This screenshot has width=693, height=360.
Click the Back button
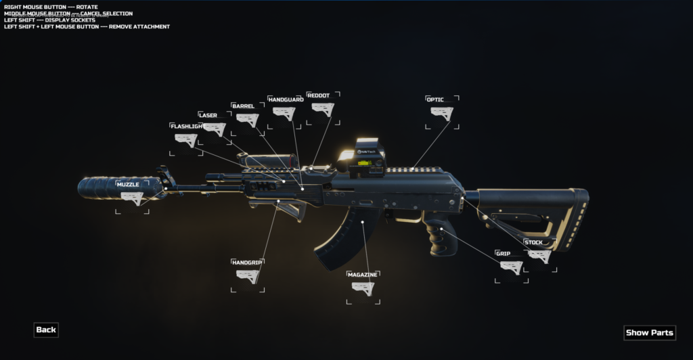[46, 330]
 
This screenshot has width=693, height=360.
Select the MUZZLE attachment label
[128, 184]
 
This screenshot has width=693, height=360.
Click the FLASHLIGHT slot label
[187, 126]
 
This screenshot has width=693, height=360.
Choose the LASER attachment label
[208, 115]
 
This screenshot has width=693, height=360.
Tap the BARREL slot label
[243, 106]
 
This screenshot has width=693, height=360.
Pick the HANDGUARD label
[286, 99]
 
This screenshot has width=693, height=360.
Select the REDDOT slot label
[318, 95]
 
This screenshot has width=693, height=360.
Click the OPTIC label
[435, 99]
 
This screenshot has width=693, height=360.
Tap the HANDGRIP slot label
[247, 262]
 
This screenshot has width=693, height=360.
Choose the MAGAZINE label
[362, 275]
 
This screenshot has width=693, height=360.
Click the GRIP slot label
[503, 253]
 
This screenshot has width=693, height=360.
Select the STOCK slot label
[533, 242]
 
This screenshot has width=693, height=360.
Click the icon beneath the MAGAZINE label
[363, 288]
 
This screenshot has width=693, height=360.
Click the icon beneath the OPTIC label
[442, 113]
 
